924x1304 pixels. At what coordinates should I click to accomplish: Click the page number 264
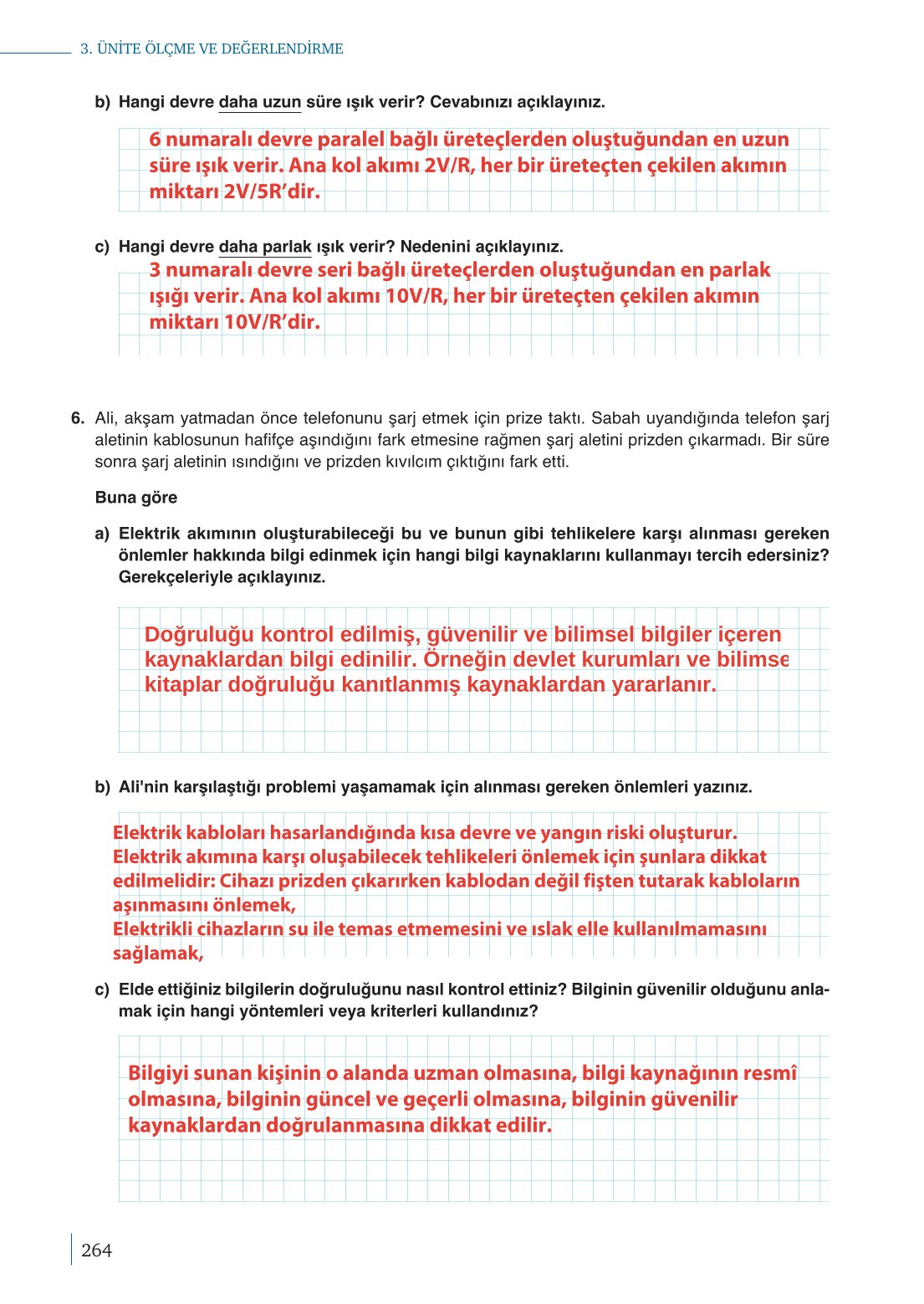pyautogui.click(x=96, y=1250)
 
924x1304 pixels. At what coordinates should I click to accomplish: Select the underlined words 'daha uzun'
pyautogui.click(x=259, y=102)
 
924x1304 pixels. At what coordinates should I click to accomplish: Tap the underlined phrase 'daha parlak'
pyautogui.click(x=265, y=247)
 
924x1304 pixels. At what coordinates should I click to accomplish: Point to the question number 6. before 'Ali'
pyautogui.click(x=78, y=418)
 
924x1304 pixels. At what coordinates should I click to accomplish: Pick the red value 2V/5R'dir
pyautogui.click(x=272, y=192)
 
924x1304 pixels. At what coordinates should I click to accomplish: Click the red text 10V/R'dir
pyautogui.click(x=272, y=322)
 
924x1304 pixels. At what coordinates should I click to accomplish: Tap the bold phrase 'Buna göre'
pyautogui.click(x=136, y=498)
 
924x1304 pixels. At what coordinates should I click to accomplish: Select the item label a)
pyautogui.click(x=102, y=534)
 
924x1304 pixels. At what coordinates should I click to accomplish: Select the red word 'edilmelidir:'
pyautogui.click(x=164, y=881)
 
